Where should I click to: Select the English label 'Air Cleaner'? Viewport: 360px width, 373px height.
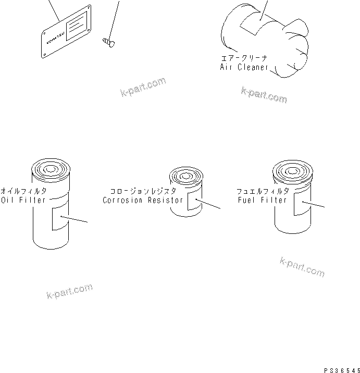pyautogui.click(x=244, y=67)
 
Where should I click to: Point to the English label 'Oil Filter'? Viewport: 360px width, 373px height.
pyautogui.click(x=23, y=200)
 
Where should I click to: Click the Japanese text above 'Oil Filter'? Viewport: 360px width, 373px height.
pyautogui.click(x=24, y=191)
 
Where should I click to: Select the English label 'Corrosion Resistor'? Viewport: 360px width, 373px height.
pyautogui.click(x=143, y=200)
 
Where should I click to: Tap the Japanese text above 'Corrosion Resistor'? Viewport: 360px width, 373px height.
pyautogui.click(x=143, y=191)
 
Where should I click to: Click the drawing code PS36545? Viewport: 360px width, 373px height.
pyautogui.click(x=341, y=369)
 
